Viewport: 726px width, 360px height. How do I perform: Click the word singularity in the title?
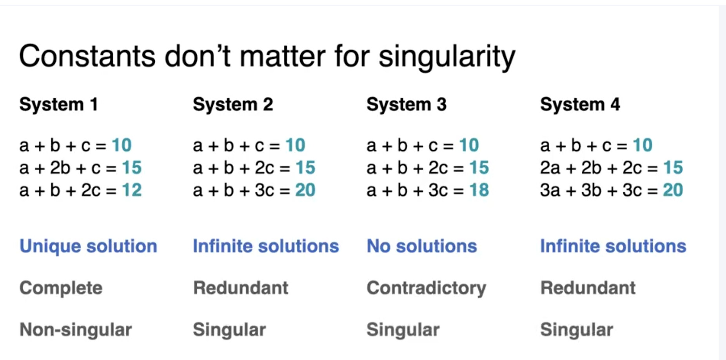point(447,57)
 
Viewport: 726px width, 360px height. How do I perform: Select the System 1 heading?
point(59,105)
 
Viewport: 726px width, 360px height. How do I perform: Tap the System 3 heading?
point(407,105)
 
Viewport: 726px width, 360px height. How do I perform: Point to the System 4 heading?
point(580,105)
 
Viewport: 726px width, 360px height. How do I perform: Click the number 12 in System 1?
point(132,190)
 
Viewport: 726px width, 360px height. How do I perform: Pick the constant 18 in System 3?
point(479,190)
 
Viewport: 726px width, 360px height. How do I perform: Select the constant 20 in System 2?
point(305,190)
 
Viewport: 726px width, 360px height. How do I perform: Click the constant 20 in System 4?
point(673,190)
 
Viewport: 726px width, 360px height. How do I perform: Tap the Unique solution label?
point(88,246)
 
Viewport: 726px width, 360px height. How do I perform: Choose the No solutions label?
point(422,246)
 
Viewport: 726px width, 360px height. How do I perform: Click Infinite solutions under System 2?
point(266,246)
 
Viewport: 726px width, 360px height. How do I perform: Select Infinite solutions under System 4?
point(613,246)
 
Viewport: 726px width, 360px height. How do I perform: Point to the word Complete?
point(61,289)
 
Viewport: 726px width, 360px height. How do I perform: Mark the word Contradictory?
point(427,289)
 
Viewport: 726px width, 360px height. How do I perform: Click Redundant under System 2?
point(241,288)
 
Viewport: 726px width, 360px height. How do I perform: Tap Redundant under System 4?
point(588,288)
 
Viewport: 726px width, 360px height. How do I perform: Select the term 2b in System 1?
point(60,168)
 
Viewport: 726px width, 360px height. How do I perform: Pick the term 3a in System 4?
point(550,190)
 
